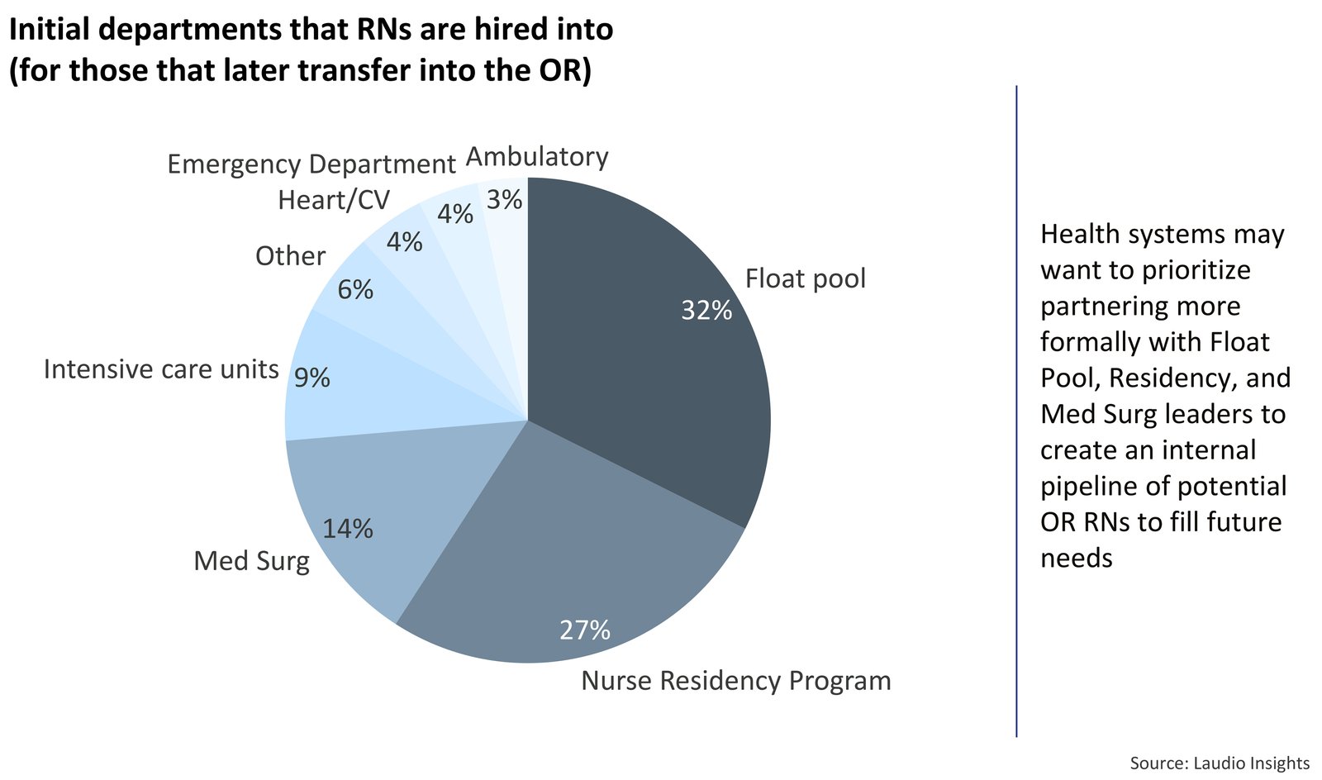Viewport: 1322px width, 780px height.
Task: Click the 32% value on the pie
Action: [706, 310]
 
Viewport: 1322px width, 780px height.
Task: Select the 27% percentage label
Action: [585, 630]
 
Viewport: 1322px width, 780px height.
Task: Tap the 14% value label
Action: [348, 529]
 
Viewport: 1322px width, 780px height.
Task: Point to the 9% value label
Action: [312, 378]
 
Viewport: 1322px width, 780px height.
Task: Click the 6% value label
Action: [355, 289]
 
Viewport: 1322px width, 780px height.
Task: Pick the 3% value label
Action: [504, 199]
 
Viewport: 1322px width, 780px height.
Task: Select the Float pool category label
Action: [805, 278]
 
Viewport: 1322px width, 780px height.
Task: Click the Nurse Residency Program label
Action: [736, 681]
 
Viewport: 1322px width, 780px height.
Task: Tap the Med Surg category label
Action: [251, 561]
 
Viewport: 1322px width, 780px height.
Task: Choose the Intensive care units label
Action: [161, 369]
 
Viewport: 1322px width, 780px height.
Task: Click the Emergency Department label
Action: [311, 164]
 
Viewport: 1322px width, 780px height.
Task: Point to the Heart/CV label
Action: [334, 200]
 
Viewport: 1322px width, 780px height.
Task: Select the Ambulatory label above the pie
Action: [537, 156]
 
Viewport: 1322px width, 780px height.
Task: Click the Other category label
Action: [290, 256]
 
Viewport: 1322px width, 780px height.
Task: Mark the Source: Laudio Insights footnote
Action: [1220, 763]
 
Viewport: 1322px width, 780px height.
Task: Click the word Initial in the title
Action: [48, 30]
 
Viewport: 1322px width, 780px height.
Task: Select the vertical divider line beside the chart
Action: [1016, 413]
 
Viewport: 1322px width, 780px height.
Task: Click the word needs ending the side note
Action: [1076, 558]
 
